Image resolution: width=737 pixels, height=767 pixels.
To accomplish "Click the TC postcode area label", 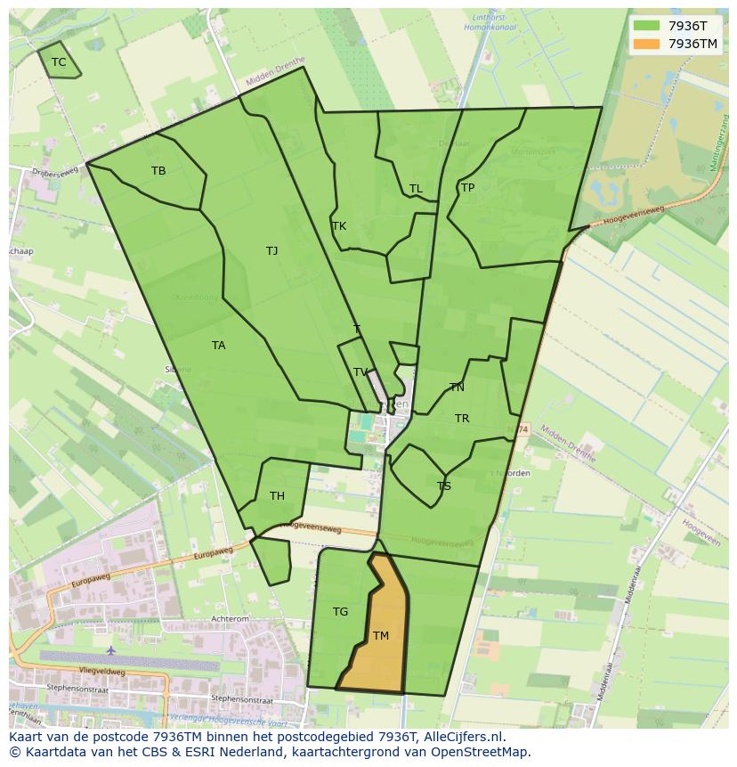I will (x=59, y=62).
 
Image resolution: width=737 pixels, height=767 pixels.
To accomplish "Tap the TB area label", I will (x=158, y=171).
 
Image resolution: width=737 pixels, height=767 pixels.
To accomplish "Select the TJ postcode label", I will (x=271, y=251).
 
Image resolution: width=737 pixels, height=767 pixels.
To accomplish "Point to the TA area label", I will (x=219, y=346).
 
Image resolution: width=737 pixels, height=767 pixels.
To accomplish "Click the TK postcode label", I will (x=339, y=226).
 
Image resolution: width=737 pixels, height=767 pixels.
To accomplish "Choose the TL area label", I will (x=416, y=189).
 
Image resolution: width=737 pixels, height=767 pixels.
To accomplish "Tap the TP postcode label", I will (x=467, y=188).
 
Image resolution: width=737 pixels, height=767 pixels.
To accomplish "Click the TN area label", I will (x=457, y=388).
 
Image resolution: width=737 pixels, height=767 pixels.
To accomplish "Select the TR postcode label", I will (x=462, y=419).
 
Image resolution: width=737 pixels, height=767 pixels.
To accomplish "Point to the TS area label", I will (x=444, y=486).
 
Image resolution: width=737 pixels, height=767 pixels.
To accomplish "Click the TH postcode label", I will (x=277, y=496).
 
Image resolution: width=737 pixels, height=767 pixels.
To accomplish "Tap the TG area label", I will (x=340, y=612).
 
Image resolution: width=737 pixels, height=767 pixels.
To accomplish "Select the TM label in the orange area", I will (x=381, y=636).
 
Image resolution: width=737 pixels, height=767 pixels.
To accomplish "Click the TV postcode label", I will (x=360, y=372).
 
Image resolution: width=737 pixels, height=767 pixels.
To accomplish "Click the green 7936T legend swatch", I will (x=646, y=26).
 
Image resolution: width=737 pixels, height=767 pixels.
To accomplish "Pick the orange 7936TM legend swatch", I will (x=646, y=44).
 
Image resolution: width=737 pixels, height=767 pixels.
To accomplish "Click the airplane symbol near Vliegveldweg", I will (x=110, y=651).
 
